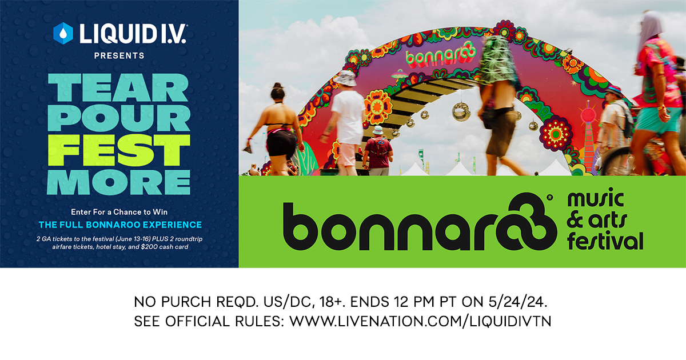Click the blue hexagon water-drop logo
click(x=63, y=33)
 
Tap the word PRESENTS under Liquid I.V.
click(x=119, y=56)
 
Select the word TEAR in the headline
click(x=118, y=87)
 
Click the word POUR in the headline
click(x=119, y=118)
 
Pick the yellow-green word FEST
click(x=119, y=150)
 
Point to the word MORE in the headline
click(x=119, y=182)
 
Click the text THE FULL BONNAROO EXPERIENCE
click(x=120, y=225)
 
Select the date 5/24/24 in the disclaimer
click(x=518, y=302)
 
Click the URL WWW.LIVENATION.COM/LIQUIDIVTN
click(x=421, y=321)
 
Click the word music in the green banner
click(x=596, y=198)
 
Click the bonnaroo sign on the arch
click(x=441, y=56)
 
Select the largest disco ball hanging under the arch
click(x=461, y=112)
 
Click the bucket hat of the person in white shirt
click(x=345, y=78)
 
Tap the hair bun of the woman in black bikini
click(x=278, y=86)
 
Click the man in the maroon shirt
click(x=378, y=151)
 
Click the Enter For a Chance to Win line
click(x=119, y=212)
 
